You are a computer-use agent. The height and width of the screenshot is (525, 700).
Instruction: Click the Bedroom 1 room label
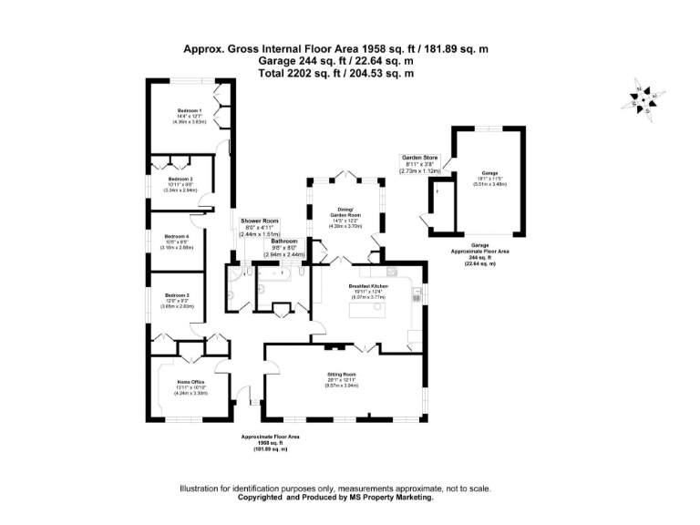[190, 110]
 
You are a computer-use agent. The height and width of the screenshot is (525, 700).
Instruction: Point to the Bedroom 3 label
[178, 295]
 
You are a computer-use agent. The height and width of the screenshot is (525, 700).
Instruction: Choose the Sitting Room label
[342, 375]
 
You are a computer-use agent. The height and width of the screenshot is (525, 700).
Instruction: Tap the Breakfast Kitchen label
[368, 286]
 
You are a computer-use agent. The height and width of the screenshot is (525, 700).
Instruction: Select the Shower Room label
[259, 221]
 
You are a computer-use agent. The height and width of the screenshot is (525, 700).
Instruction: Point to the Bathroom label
[284, 242]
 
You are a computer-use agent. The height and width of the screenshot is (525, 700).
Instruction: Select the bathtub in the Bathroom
[274, 273]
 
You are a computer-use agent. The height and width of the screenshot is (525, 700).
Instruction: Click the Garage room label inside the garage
[490, 170]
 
